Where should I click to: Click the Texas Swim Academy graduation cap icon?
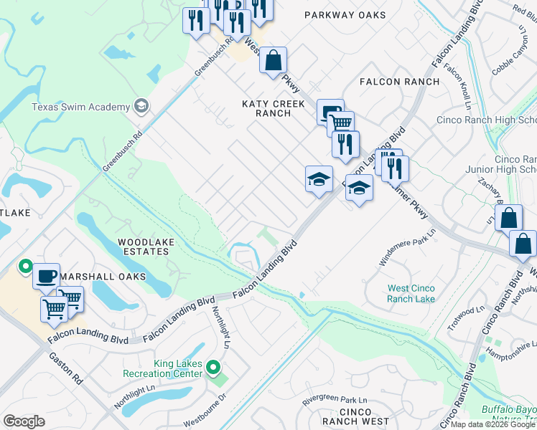click(x=141, y=107)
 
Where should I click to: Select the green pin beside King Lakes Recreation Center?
click(x=213, y=369)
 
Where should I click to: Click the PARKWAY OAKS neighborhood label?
click(x=340, y=14)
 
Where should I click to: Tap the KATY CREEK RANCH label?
click(x=274, y=108)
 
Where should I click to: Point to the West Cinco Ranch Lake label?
click(x=411, y=293)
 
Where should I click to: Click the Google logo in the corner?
click(x=24, y=421)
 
